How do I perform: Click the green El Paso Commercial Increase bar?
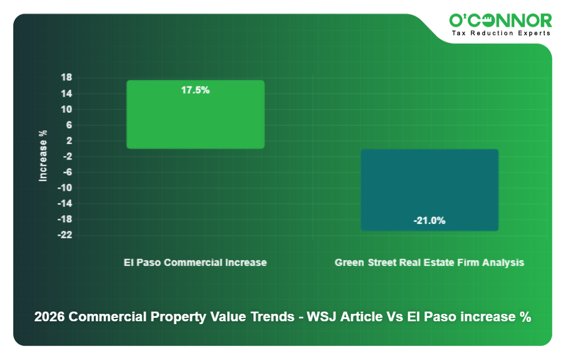coord(195,120)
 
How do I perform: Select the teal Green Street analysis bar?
coord(429,182)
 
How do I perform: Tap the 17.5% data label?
coord(195,90)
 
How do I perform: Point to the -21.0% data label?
coord(429,220)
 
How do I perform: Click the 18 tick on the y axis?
coord(66,78)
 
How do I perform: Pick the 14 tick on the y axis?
coord(66,93)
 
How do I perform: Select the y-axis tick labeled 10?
coord(66,109)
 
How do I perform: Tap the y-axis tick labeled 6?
coord(68,125)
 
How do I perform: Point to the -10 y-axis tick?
coord(64,188)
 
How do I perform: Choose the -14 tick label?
coord(64,203)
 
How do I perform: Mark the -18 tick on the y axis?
coord(64,219)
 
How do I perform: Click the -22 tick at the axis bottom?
coord(64,235)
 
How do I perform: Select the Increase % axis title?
coord(43,156)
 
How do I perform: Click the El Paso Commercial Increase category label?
coord(195,263)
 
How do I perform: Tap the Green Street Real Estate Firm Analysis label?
coord(429,263)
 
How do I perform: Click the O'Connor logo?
coord(501,21)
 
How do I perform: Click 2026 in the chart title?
coord(50,317)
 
